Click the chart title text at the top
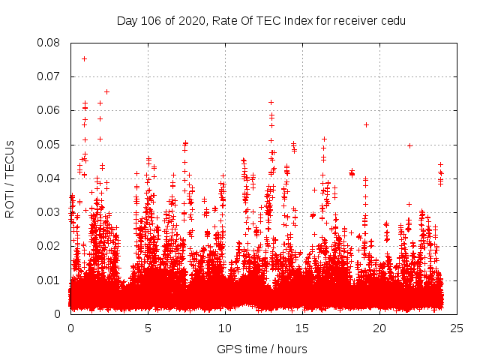(x=261, y=20)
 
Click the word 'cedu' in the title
(x=391, y=20)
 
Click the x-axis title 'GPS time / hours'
(x=261, y=349)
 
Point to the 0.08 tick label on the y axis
(x=50, y=43)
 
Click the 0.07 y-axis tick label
(x=50, y=76)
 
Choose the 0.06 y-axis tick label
(x=50, y=110)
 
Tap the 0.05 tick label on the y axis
(x=50, y=145)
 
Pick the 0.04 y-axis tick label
(x=50, y=178)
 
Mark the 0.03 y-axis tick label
(x=50, y=212)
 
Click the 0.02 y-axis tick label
(x=50, y=246)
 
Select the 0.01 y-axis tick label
(x=50, y=280)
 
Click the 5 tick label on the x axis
(x=148, y=328)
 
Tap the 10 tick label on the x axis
(x=225, y=328)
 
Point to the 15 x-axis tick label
(x=302, y=328)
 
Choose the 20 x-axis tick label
(x=379, y=328)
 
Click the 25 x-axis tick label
(x=457, y=328)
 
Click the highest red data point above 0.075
(x=84, y=58)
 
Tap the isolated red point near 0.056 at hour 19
(x=366, y=124)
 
